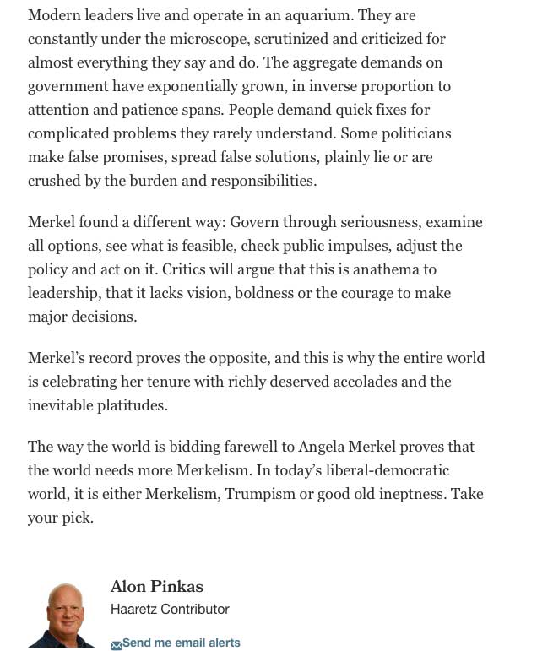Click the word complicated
(x=69, y=133)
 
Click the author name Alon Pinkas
(x=157, y=586)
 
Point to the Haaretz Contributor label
(x=170, y=609)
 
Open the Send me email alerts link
(x=181, y=643)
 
